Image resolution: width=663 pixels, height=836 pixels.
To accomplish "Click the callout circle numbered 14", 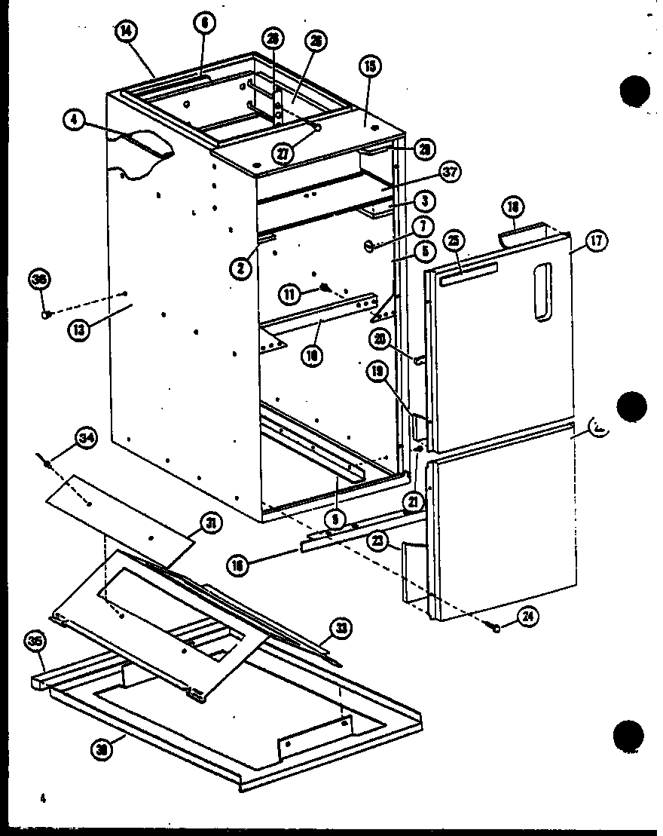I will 125,32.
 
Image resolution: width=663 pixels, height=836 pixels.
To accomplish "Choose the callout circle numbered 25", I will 453,241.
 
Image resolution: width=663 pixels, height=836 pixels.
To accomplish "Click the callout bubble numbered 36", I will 38,279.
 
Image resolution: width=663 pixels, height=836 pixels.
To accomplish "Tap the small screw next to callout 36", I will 47,314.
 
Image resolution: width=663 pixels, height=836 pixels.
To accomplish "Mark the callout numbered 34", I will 87,437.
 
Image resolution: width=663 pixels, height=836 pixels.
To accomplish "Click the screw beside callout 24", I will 497,626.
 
